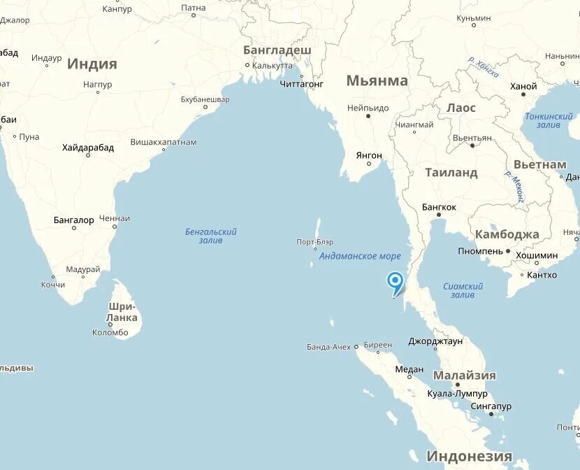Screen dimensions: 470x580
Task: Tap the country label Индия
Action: [x=92, y=64]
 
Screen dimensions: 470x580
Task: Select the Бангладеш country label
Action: [x=277, y=50]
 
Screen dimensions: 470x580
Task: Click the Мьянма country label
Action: [x=377, y=80]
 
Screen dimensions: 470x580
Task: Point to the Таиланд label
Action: [x=451, y=172]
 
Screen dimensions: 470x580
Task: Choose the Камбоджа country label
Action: [x=507, y=234]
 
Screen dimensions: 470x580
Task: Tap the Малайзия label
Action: [x=464, y=375]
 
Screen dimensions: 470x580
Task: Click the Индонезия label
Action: [x=469, y=456]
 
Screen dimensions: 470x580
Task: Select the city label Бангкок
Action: [x=439, y=207]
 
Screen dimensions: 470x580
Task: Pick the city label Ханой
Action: [x=523, y=87]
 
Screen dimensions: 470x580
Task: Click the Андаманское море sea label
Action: [x=360, y=256]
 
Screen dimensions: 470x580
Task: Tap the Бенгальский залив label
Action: [x=211, y=236]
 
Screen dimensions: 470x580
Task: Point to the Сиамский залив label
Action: [x=463, y=290]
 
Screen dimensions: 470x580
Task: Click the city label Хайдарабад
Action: [x=87, y=147]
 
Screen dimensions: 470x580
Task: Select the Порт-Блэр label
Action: [x=314, y=242]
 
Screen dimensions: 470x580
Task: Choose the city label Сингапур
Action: [x=490, y=406]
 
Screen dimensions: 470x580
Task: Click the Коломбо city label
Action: [x=110, y=333]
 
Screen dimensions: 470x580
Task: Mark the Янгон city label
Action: [x=368, y=155]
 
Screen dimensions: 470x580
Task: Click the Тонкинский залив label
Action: [x=549, y=120]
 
